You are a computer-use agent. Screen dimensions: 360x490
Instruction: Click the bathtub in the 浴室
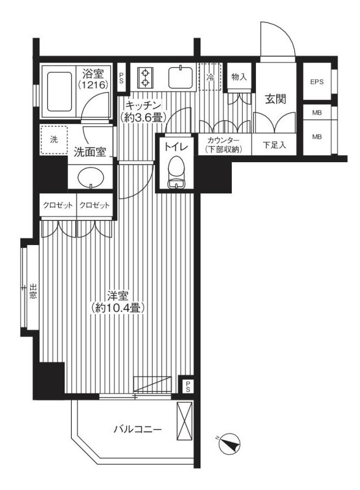[x=59, y=92]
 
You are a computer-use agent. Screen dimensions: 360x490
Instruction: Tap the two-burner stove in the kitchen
[x=145, y=78]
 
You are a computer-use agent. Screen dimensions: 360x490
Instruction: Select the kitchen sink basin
[x=180, y=77]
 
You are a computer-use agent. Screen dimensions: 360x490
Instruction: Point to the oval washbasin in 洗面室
[x=90, y=178]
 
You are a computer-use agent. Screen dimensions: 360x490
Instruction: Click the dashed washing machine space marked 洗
[x=54, y=140]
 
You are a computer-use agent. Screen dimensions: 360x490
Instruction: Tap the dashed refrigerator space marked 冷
[x=210, y=77]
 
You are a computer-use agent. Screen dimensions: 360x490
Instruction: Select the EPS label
[x=317, y=82]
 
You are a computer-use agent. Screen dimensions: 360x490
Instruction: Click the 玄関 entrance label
[x=276, y=99]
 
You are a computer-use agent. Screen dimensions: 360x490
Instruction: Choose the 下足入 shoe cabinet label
[x=274, y=145]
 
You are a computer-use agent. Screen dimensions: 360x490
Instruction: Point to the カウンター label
[x=224, y=141]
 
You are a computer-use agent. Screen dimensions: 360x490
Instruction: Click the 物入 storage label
[x=239, y=77]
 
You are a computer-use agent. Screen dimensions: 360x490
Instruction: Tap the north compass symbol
[x=230, y=444]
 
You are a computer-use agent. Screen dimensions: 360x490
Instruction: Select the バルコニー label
[x=138, y=429]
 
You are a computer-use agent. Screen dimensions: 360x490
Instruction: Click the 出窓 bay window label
[x=33, y=291]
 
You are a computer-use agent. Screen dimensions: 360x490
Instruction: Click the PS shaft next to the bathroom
[x=121, y=77]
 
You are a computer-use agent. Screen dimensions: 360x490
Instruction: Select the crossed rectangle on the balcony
[x=184, y=420]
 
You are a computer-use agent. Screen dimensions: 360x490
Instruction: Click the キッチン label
[x=142, y=104]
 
